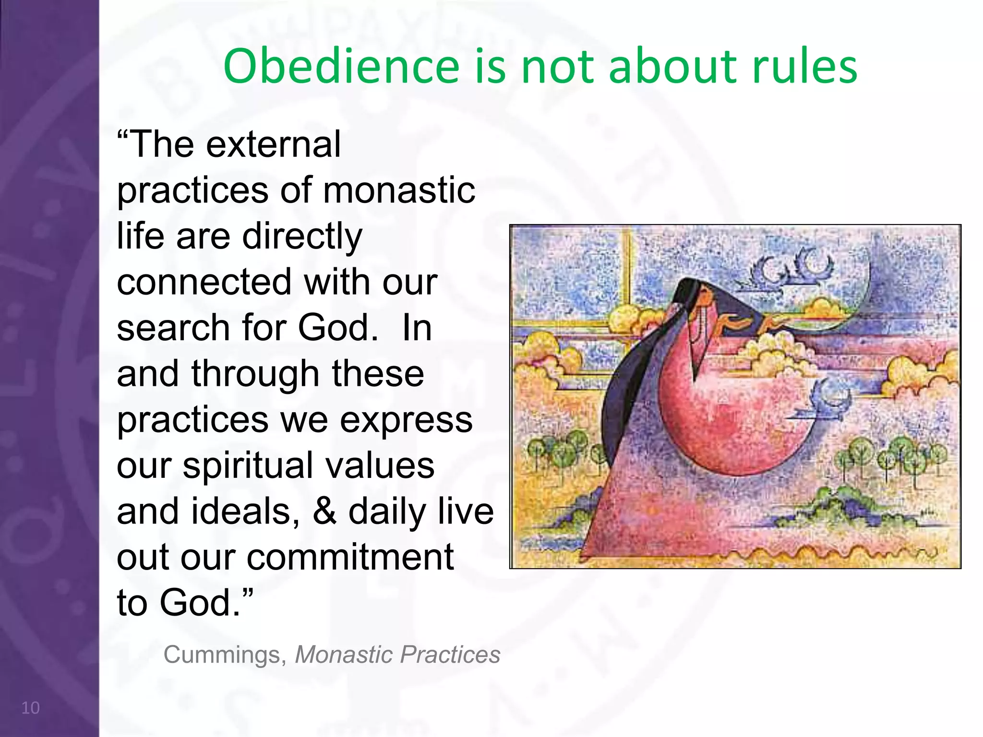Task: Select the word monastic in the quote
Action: coord(399,190)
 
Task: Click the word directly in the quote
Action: coord(302,237)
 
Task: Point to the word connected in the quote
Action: coord(204,282)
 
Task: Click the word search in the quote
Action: coord(173,328)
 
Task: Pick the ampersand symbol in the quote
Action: coord(324,511)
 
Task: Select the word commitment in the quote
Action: coord(350,557)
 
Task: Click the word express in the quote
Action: coord(406,420)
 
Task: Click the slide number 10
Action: coord(30,708)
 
